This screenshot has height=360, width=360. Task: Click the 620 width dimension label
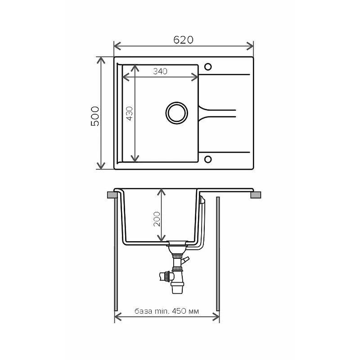[x=183, y=40]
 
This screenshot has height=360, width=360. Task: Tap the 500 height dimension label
[x=95, y=116]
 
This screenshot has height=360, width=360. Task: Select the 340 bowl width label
[x=160, y=72]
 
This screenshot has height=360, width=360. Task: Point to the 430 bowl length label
[x=130, y=113]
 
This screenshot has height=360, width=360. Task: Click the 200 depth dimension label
[x=157, y=219]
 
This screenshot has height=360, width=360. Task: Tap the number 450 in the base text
[x=179, y=311]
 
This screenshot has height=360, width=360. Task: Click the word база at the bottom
[x=143, y=311]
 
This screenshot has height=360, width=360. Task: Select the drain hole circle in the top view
[x=176, y=113]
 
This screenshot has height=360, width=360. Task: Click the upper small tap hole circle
[x=208, y=67]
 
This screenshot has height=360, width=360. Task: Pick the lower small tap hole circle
[x=208, y=159]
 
